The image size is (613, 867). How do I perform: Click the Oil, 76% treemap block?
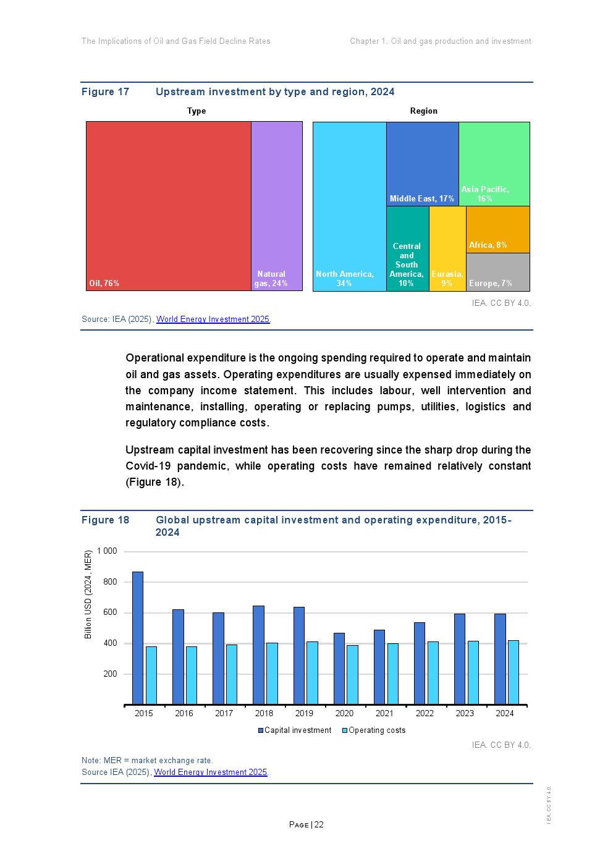tap(168, 206)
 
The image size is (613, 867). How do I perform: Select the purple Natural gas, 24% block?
tap(276, 206)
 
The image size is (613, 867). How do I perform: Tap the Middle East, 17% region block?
tap(422, 164)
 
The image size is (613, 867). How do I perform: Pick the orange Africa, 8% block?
tap(497, 229)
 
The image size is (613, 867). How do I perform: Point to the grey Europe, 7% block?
tap(497, 272)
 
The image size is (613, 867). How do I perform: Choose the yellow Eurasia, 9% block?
tap(447, 248)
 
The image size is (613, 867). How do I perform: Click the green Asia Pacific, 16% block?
tap(494, 164)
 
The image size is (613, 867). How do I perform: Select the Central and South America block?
tap(407, 248)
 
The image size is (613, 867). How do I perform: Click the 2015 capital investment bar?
tap(138, 638)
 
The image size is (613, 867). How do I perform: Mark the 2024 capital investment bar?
tap(500, 659)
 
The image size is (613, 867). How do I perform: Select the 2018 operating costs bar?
tap(272, 674)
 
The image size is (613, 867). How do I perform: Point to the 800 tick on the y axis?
tap(110, 582)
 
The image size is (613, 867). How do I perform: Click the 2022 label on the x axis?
tap(425, 713)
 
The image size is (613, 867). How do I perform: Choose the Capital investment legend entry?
tap(295, 730)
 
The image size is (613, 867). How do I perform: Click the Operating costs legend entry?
tap(374, 730)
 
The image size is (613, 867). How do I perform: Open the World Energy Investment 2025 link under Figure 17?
tap(213, 319)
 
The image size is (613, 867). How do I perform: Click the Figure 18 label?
tap(106, 520)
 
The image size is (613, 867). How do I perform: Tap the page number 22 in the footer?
tap(319, 824)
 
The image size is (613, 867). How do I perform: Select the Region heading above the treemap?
tap(423, 111)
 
